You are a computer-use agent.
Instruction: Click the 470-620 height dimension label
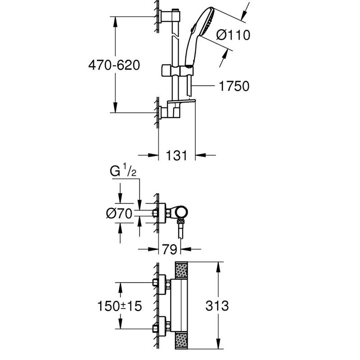pos(114,65)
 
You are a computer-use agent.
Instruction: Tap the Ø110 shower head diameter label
pos(233,35)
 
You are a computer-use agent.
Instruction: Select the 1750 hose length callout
pos(234,86)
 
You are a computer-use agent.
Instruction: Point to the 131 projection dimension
pos(176,155)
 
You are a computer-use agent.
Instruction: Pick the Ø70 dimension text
pos(119,214)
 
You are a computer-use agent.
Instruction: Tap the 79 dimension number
pos(170,249)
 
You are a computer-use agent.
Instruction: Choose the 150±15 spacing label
pos(120,306)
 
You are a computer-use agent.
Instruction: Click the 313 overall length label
pos(217,306)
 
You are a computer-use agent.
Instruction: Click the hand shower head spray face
pos(208,22)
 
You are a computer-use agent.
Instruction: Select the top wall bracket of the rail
pos(170,16)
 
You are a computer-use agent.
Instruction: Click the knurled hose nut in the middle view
pos(181,222)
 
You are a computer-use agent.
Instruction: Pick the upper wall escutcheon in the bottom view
pos(162,284)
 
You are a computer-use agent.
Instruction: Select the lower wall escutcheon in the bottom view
pos(162,327)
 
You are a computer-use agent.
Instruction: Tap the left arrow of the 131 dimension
pos(153,155)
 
